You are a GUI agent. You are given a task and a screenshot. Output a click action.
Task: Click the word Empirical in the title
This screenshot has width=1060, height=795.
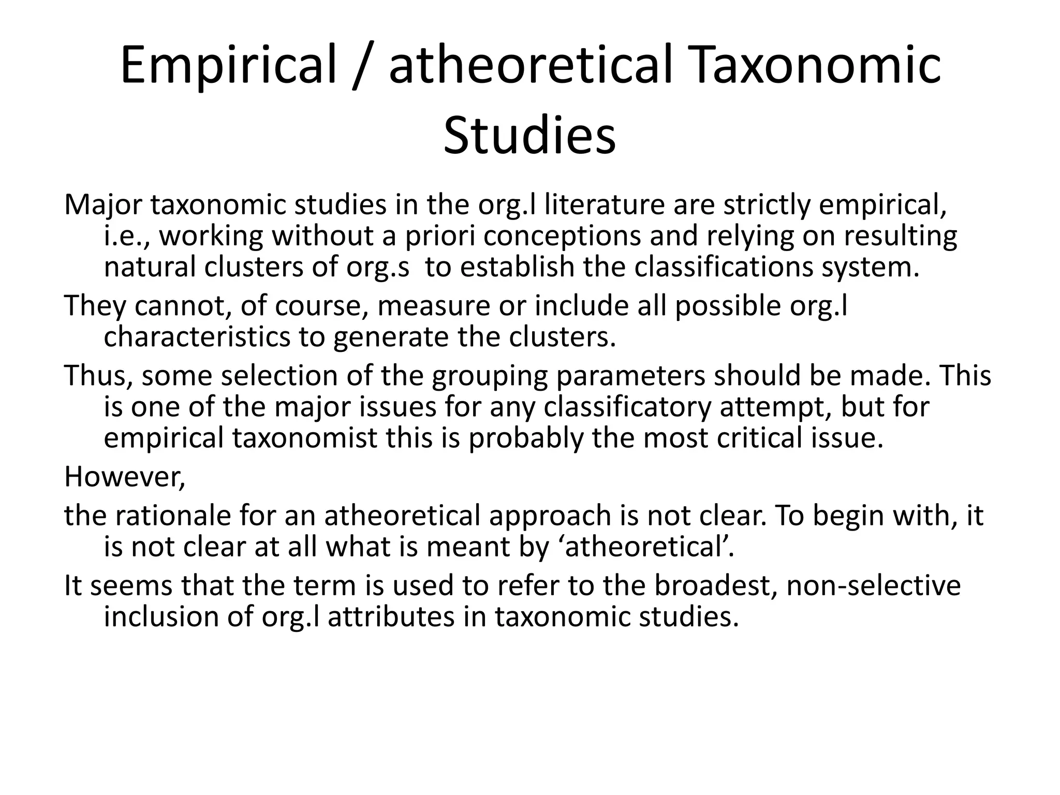click(228, 66)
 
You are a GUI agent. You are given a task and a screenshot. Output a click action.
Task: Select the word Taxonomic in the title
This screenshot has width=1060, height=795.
click(815, 66)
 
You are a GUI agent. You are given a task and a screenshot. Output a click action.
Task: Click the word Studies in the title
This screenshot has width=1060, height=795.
click(529, 136)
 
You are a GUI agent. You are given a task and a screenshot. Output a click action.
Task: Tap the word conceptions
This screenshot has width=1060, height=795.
click(563, 236)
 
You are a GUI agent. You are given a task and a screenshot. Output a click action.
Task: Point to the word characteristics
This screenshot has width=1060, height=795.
click(197, 337)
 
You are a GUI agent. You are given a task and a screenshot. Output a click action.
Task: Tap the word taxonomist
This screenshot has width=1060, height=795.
click(305, 438)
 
